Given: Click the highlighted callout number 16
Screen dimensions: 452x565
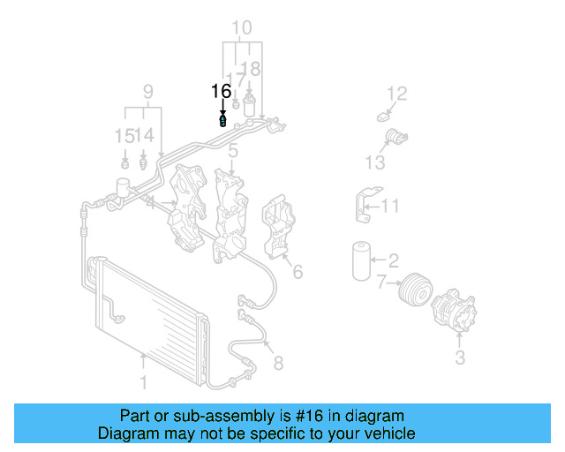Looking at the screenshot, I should click(x=221, y=91).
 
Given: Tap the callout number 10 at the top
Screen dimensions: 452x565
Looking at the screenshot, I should click(x=241, y=27).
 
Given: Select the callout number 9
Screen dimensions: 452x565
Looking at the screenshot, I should click(x=148, y=91).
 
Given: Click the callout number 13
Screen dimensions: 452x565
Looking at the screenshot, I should click(x=375, y=162).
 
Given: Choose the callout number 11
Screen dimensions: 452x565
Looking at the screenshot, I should click(x=390, y=207).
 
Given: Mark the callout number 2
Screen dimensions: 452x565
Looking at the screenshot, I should click(x=394, y=260).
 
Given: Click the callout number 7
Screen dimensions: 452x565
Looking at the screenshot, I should click(x=380, y=282).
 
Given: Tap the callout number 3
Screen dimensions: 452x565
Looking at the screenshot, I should click(x=460, y=358).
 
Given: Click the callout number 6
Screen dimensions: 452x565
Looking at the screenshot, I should click(x=298, y=272).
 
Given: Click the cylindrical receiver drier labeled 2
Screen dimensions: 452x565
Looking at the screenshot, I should click(x=359, y=260).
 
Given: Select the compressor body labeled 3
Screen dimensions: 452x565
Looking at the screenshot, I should click(x=454, y=312).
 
